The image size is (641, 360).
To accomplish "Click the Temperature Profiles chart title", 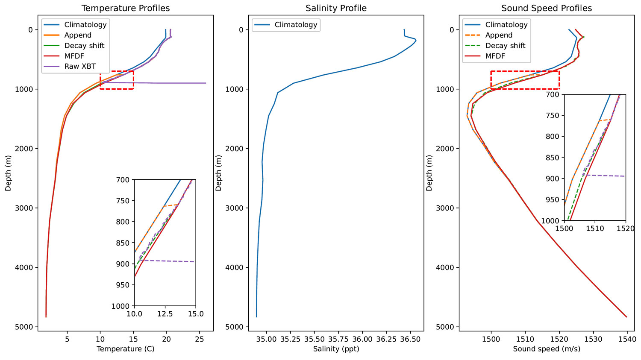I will pos(126,8).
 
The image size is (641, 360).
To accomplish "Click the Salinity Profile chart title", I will pos(336,8).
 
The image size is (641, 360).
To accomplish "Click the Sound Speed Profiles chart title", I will pos(547,8).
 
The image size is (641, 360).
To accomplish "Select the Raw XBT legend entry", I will pos(80,66).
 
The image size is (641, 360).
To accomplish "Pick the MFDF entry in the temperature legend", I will pos(74,56).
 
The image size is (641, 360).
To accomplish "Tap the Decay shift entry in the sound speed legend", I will pos(505,46).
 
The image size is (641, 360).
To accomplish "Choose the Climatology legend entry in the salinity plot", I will pos(296,25).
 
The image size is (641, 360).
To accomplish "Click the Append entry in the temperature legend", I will pos(78,35).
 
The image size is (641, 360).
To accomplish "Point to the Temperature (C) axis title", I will pos(126,349).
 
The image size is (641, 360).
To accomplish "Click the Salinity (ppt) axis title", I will pos(336,349).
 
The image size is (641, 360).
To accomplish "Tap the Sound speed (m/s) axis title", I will pos(547,349).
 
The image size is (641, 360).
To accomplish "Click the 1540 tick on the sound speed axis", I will pos(627,340).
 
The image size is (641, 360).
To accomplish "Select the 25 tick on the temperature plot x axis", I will pos(200,340).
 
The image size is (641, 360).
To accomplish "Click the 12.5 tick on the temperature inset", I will pos(165,314).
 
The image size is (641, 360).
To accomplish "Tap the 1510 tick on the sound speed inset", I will pos(595,228).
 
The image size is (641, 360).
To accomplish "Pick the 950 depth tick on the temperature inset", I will pos(123,285).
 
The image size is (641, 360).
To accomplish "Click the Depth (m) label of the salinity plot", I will pos(218,173).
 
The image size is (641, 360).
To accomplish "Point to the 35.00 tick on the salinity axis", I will pos(267,340).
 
